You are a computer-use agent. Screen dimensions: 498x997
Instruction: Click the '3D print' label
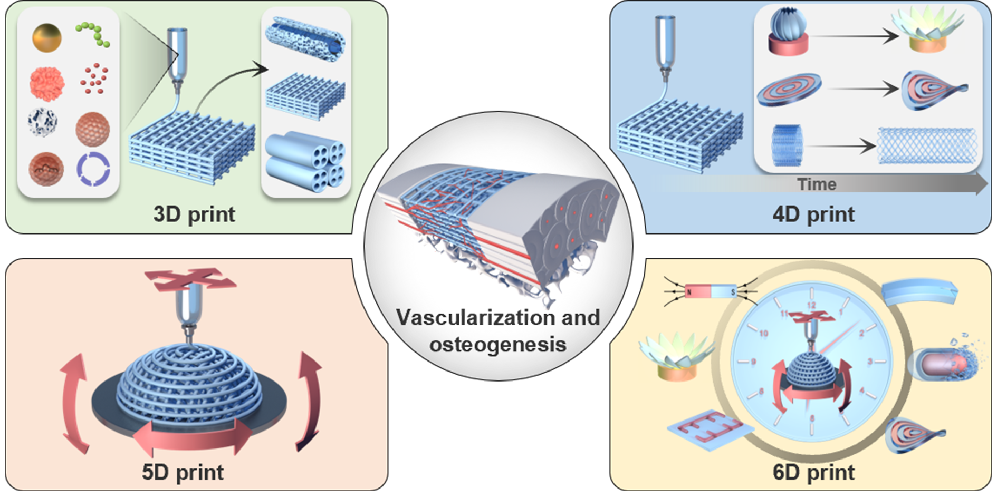[194, 214]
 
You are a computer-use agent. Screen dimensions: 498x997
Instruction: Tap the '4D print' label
[813, 214]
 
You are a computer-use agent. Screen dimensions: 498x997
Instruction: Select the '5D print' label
[183, 472]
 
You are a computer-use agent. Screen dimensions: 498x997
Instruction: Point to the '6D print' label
[813, 472]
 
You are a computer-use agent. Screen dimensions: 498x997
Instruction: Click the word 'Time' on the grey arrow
[817, 184]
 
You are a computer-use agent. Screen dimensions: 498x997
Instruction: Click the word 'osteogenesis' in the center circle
[497, 345]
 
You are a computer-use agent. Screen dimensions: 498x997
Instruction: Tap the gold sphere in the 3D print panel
[46, 37]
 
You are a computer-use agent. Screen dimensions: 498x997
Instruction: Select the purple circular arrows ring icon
[93, 169]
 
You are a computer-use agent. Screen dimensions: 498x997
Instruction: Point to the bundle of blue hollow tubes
[305, 162]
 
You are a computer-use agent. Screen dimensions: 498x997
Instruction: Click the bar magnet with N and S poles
[710, 290]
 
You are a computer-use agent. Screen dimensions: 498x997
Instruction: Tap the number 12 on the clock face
[811, 306]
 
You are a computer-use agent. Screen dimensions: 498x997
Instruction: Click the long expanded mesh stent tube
[926, 145]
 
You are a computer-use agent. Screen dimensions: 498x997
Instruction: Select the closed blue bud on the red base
[789, 32]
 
